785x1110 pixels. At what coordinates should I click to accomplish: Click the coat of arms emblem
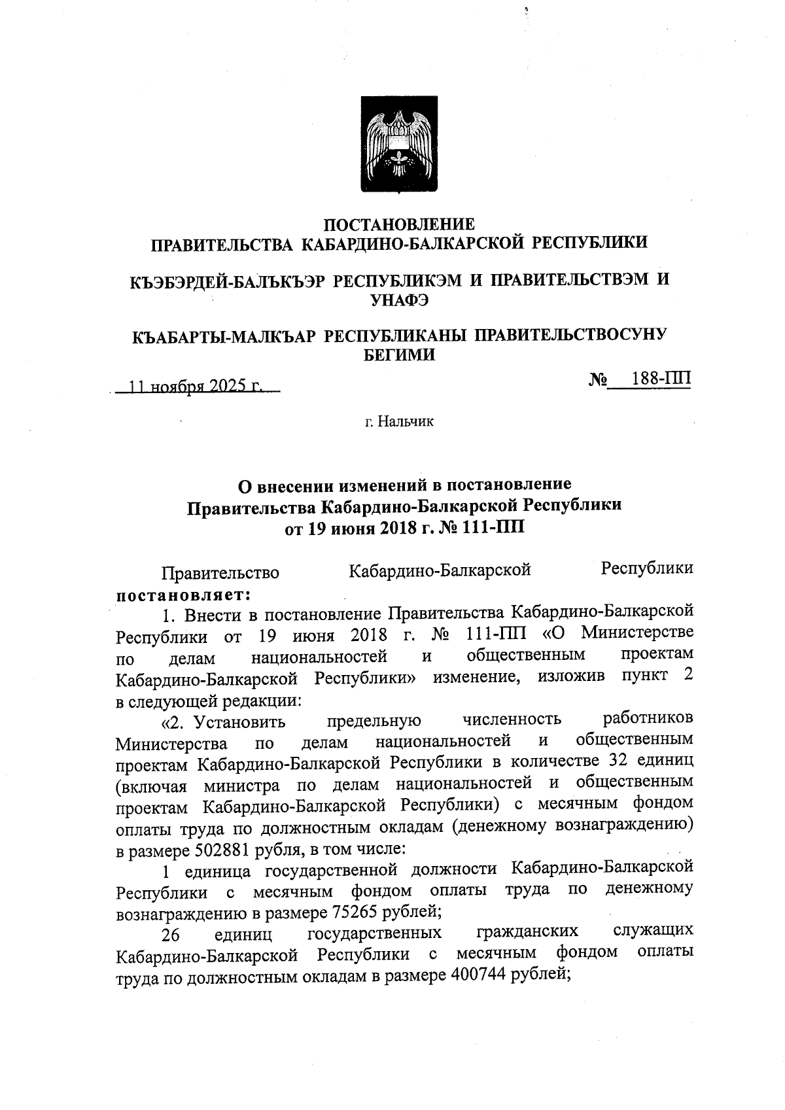pyautogui.click(x=399, y=143)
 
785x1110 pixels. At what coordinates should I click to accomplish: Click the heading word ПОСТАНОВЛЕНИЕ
pyautogui.click(x=399, y=225)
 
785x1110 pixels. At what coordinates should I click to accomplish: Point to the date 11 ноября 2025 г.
pyautogui.click(x=196, y=387)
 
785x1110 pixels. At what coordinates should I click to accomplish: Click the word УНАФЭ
pyautogui.click(x=399, y=300)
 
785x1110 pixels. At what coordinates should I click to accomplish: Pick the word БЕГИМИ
pyautogui.click(x=399, y=355)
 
